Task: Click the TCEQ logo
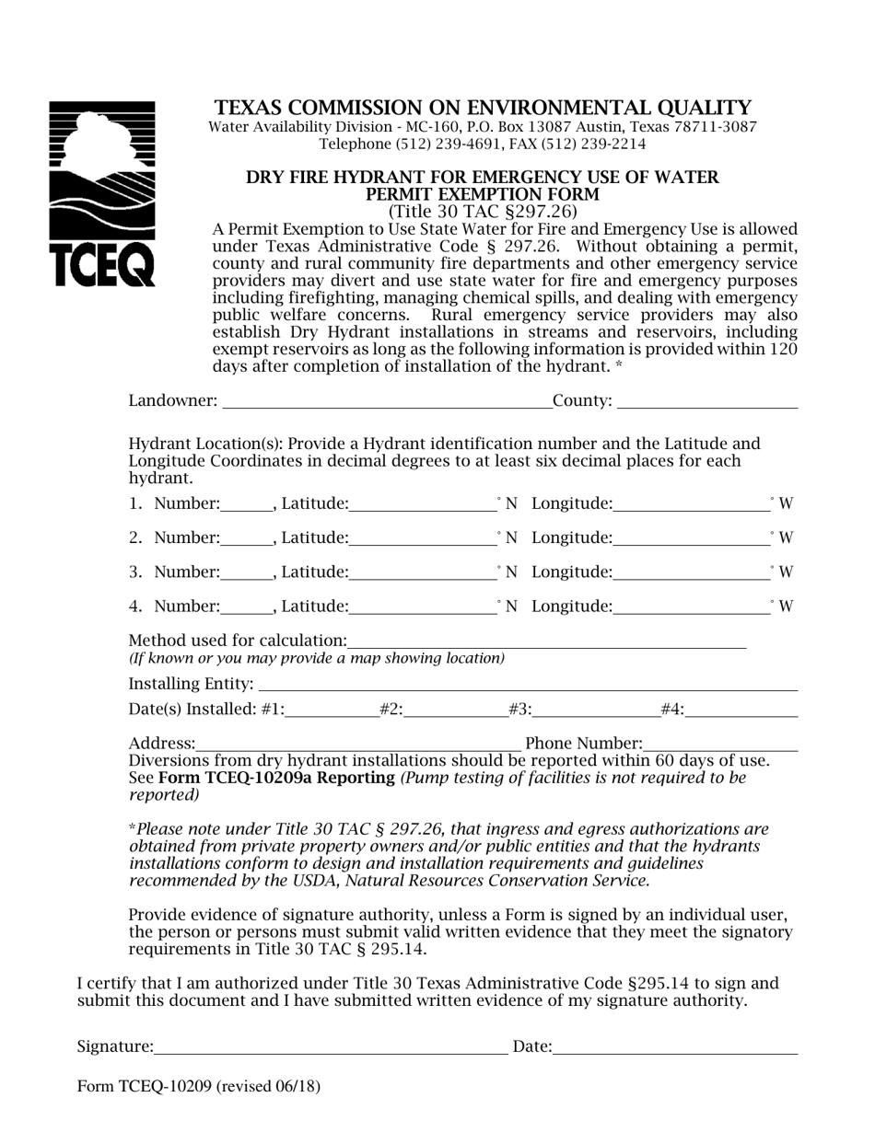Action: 101,194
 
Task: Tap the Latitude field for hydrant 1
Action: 423,502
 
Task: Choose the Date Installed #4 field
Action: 741,709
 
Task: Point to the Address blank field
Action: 358,743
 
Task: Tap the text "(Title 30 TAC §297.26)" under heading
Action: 483,212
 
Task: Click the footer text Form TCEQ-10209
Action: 199,1086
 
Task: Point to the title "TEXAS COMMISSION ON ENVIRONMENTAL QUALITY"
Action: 483,108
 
